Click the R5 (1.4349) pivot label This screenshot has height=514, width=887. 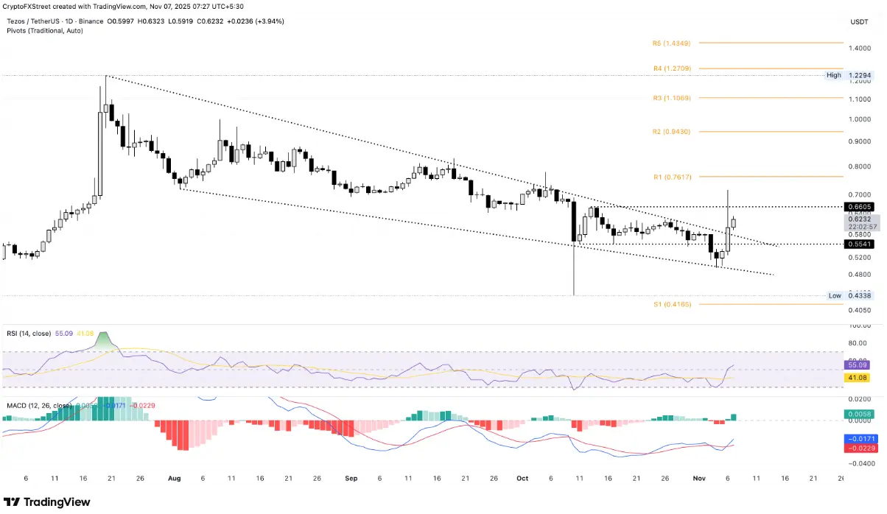tap(671, 43)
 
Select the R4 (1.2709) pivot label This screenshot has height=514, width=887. tap(671, 68)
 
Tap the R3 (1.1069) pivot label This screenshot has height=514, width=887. tap(671, 98)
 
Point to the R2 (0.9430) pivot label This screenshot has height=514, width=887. tap(671, 132)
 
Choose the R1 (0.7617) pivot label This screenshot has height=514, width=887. tap(671, 177)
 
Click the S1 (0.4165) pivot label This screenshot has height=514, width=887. tap(671, 304)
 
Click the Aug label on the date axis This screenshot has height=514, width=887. tap(174, 478)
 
